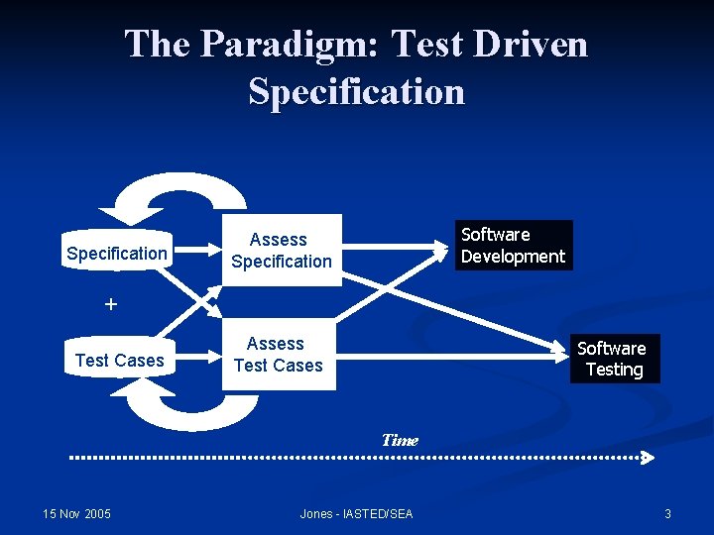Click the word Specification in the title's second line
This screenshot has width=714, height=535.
coord(357,91)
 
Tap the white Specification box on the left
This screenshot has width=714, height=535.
coord(117,254)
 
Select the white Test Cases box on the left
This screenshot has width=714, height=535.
coord(119,361)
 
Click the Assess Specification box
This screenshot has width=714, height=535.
coord(281,251)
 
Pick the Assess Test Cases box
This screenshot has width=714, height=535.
coord(279,355)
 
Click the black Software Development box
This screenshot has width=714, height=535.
coord(514,246)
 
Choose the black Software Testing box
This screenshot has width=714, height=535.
coord(612,360)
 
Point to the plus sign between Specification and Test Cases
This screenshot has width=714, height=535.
coord(111,304)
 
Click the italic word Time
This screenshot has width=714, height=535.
coord(400,440)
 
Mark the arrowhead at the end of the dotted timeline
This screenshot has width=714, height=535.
coord(648,458)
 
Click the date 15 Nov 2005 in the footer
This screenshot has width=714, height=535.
coord(77,513)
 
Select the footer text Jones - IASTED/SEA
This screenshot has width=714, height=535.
coord(356,513)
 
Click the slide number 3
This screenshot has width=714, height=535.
coord(667,513)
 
